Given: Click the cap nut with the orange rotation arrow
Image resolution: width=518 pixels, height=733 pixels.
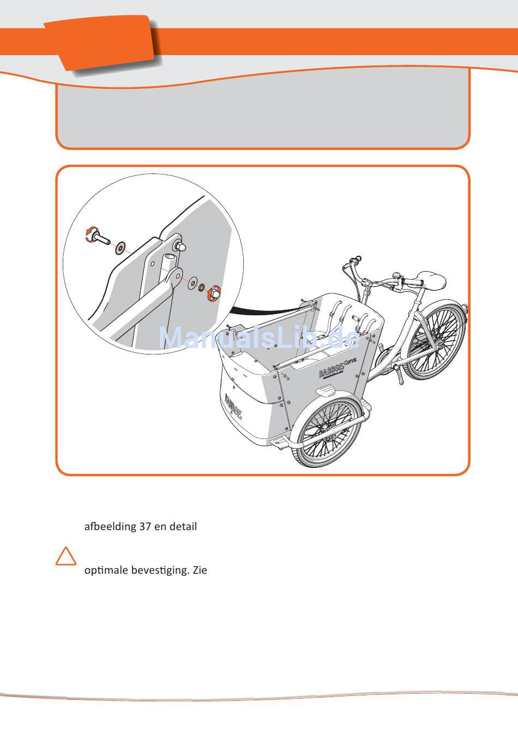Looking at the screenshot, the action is click(x=214, y=293).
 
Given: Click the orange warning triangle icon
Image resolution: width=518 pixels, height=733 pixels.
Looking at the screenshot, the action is click(x=66, y=556).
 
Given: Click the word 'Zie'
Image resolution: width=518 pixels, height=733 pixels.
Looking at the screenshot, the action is click(x=200, y=570).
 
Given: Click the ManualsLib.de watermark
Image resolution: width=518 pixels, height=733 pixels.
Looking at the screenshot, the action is click(x=260, y=338).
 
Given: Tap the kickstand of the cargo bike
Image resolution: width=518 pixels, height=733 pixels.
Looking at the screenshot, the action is click(x=401, y=376).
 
